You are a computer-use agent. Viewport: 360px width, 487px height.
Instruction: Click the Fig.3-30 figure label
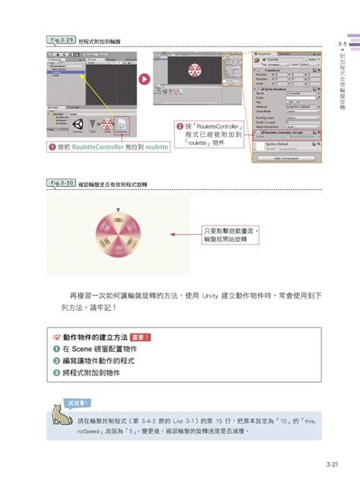pos(62,183)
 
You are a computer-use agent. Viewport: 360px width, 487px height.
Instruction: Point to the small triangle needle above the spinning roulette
pos(118,208)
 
